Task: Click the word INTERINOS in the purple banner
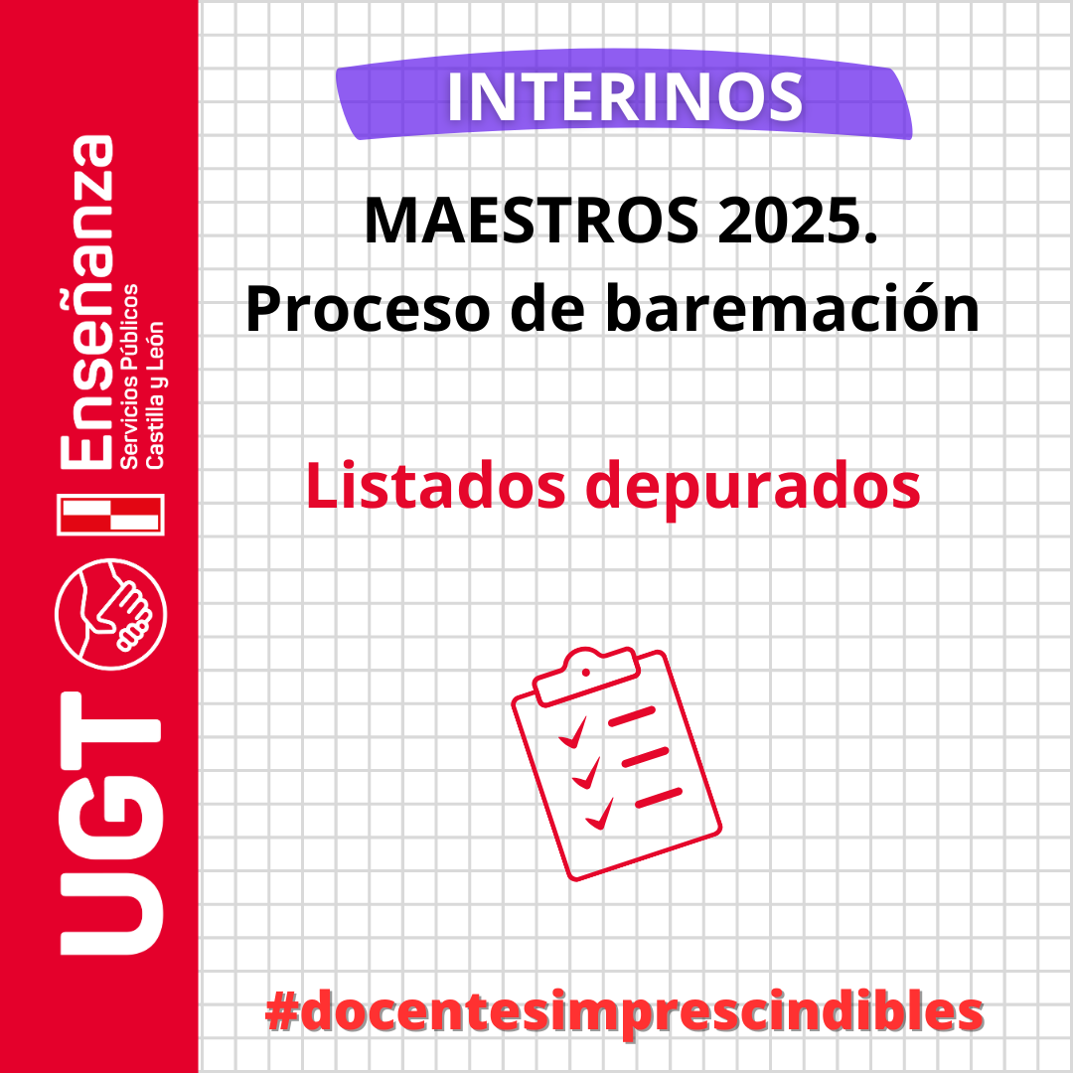(x=625, y=97)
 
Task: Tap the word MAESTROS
(x=532, y=221)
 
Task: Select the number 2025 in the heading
(x=790, y=221)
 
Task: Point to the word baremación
(x=793, y=308)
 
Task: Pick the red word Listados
(x=436, y=485)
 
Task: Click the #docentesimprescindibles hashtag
(x=624, y=1013)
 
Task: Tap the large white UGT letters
(x=111, y=824)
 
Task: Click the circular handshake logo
(x=111, y=614)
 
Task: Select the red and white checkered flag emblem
(x=111, y=515)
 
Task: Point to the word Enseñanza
(x=86, y=302)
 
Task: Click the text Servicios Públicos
(x=129, y=377)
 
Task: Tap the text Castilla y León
(x=155, y=394)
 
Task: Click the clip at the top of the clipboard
(x=587, y=676)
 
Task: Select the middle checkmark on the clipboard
(x=586, y=773)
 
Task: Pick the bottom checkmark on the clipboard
(x=600, y=814)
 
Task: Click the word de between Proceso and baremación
(x=547, y=308)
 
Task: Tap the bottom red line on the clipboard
(x=659, y=798)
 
